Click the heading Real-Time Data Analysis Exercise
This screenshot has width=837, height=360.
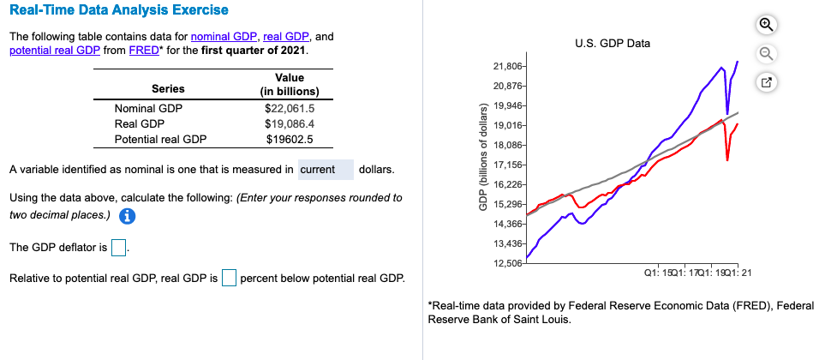[118, 10]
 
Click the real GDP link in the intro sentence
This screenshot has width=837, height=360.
[287, 37]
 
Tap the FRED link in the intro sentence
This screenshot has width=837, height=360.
[143, 51]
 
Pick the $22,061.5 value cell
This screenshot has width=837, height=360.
[290, 108]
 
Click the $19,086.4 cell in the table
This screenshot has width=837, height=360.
[290, 123]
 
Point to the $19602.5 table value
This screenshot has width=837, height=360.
[290, 139]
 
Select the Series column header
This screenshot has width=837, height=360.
[167, 88]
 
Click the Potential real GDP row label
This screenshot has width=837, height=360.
[160, 139]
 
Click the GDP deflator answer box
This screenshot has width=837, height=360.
[120, 249]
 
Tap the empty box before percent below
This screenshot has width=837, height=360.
[229, 279]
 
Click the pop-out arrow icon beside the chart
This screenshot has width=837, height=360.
[767, 83]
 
